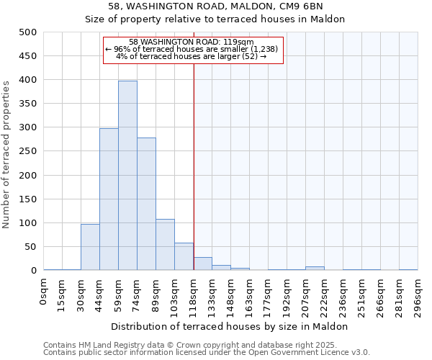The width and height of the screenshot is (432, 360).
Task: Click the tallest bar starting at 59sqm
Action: [127, 176]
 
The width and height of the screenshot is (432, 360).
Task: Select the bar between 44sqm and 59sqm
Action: [109, 199]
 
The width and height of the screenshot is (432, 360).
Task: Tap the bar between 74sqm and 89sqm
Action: [146, 204]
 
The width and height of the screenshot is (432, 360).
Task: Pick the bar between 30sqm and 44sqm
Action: [90, 247]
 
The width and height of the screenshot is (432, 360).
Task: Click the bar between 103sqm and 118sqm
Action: [184, 256]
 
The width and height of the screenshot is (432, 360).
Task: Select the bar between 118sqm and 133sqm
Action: [202, 264]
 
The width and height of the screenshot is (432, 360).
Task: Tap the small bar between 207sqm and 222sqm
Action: [315, 268]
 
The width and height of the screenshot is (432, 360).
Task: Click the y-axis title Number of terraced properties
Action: [6, 155]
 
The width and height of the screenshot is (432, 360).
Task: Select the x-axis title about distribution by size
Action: [230, 326]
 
